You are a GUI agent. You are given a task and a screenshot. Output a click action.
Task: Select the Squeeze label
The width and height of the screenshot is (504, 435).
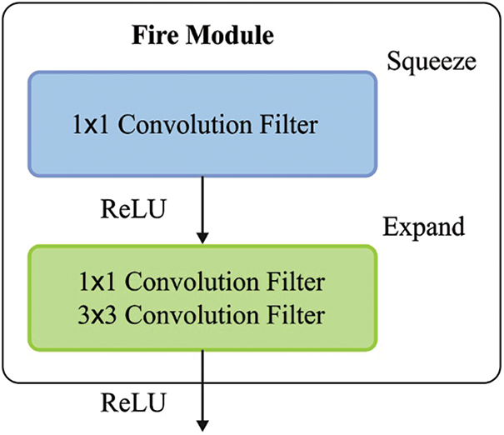[430, 61]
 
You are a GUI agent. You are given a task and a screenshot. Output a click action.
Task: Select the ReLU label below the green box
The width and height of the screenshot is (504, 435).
[127, 402]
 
